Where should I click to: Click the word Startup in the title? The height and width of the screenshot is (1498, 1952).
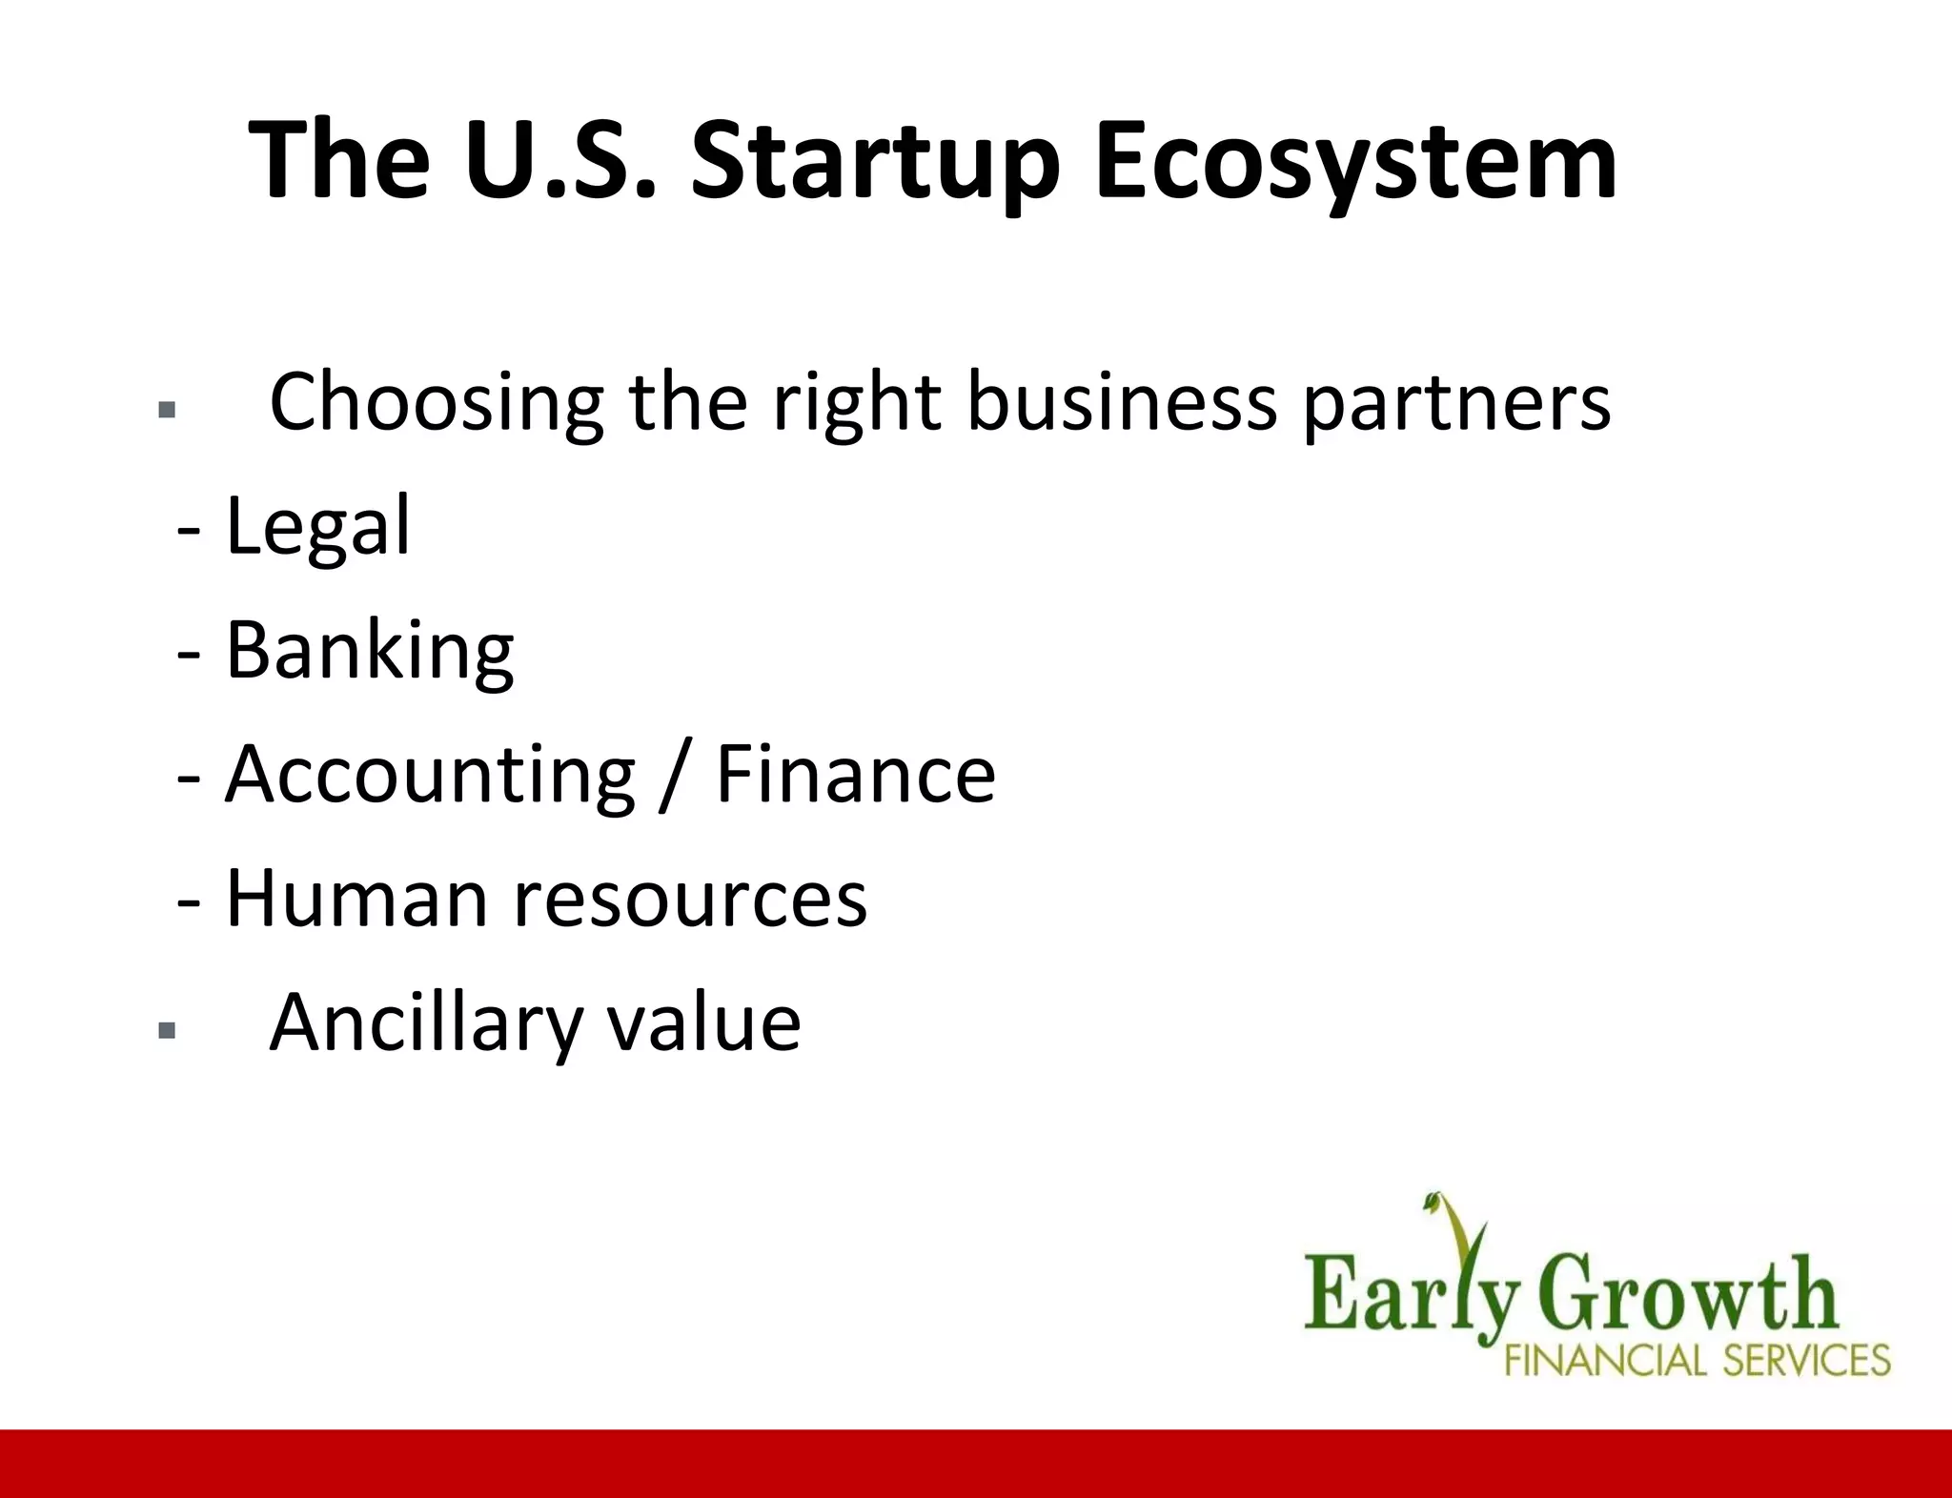[875, 162]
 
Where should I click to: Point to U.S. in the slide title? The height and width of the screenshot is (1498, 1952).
[561, 162]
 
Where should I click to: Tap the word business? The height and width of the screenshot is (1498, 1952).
[1121, 402]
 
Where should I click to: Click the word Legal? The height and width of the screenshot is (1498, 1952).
[318, 526]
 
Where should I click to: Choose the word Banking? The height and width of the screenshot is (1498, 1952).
[370, 652]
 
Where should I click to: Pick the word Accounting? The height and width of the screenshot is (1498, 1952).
[430, 776]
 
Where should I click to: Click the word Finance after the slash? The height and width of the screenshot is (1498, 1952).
[855, 774]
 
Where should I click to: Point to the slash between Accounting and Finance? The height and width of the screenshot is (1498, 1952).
[674, 776]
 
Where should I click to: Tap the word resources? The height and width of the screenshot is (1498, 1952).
[691, 900]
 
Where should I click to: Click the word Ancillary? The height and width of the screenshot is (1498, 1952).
[425, 1023]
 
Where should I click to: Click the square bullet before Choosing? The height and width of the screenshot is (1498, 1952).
[168, 411]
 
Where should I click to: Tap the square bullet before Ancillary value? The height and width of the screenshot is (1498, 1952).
[168, 1030]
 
